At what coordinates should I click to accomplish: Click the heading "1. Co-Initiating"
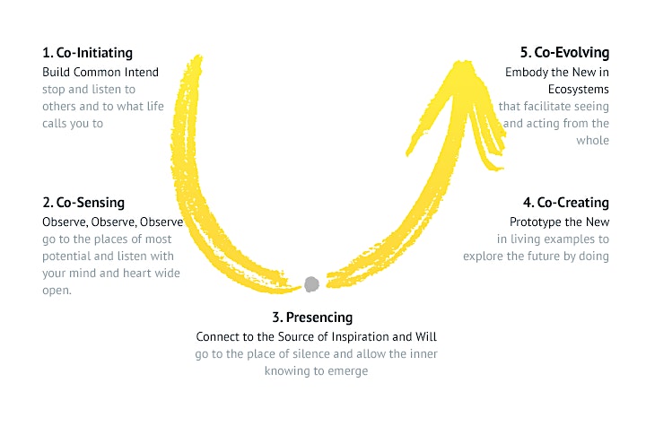[87, 53]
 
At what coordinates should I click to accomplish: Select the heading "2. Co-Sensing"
[83, 203]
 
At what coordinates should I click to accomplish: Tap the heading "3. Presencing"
[312, 317]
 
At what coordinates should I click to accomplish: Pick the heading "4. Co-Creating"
[565, 203]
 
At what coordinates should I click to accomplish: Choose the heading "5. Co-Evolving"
[564, 53]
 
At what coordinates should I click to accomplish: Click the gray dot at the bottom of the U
[311, 284]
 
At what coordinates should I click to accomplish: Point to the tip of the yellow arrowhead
[464, 62]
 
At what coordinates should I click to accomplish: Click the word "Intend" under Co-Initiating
[142, 72]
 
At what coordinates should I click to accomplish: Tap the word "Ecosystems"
[579, 90]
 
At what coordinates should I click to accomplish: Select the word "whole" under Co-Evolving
[592, 141]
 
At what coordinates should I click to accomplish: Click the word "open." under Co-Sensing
[57, 291]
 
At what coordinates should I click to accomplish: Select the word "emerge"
[347, 371]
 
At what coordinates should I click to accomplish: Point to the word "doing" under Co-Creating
[594, 256]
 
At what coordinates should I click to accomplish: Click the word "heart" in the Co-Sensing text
[137, 274]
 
